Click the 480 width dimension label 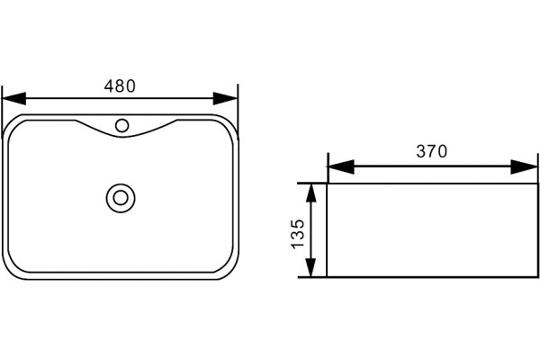tap(120, 85)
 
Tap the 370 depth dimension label tap(432, 151)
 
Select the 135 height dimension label tap(298, 234)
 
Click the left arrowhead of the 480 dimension tap(14, 98)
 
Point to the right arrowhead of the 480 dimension tap(226, 98)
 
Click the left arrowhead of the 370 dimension tap(341, 166)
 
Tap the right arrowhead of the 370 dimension tap(524, 166)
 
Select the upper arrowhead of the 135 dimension tap(311, 193)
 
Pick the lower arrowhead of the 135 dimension tap(311, 267)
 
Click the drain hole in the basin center tap(121, 198)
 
